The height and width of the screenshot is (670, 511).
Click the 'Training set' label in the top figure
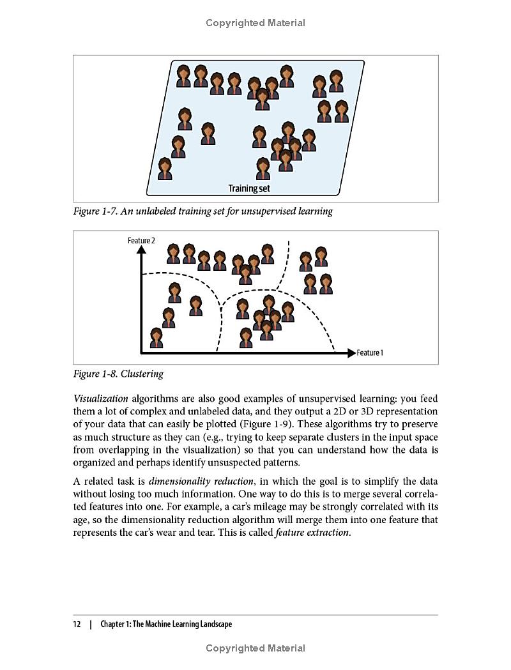[249, 188]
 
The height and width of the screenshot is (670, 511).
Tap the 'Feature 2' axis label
[141, 240]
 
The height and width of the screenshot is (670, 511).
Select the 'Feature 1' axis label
[370, 353]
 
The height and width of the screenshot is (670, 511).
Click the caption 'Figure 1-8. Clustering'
[118, 374]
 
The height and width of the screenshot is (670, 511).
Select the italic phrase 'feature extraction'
[312, 533]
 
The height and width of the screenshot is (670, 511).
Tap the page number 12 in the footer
[77, 624]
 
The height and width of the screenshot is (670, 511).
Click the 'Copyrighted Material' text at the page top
[256, 23]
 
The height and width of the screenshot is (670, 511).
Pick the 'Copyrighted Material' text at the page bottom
[256, 648]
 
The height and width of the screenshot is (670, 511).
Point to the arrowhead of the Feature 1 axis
[351, 353]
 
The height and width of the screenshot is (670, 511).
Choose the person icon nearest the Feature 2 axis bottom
[156, 338]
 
